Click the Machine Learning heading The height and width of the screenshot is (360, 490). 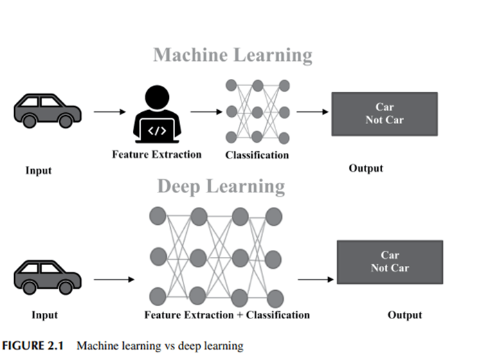click(233, 55)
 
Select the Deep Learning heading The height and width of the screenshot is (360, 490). click(221, 187)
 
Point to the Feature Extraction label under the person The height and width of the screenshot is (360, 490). click(156, 154)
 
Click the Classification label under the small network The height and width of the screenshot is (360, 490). click(257, 155)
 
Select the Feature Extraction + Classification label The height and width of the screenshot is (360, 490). click(227, 315)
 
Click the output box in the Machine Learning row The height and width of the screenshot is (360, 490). click(384, 114)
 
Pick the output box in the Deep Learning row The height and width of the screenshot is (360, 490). click(389, 262)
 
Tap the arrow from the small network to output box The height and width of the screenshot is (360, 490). click(311, 111)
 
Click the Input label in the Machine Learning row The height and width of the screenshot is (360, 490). click(39, 170)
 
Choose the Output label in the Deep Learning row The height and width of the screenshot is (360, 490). click(405, 315)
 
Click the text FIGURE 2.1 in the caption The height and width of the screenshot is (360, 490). click(35, 345)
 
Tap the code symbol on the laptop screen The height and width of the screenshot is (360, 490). click(158, 129)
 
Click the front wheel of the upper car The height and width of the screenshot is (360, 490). click(65, 121)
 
